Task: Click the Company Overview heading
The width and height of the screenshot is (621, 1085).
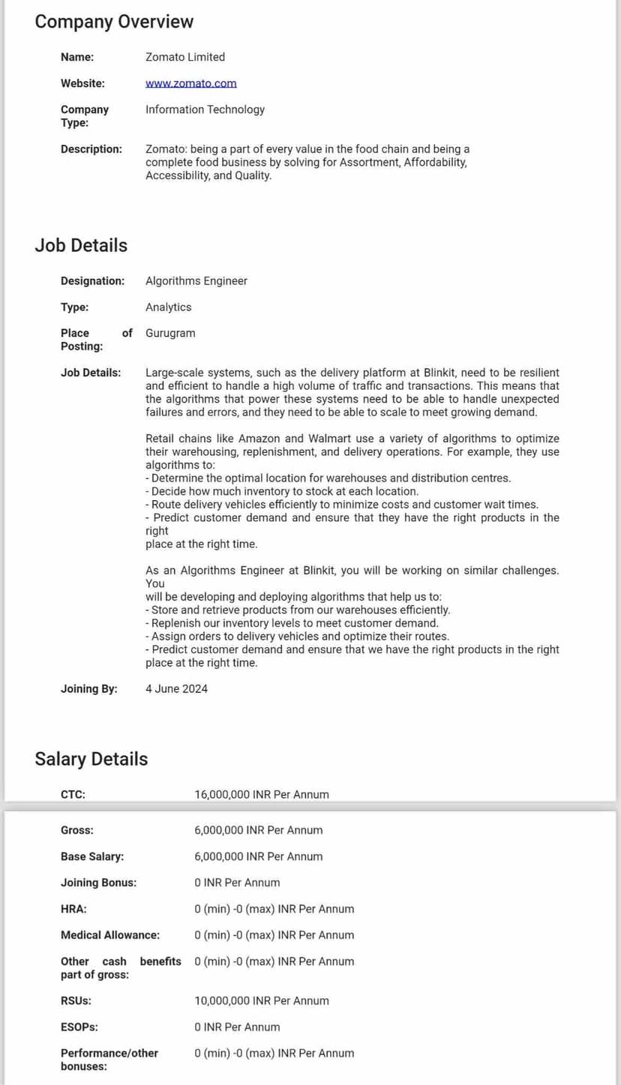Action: [114, 22]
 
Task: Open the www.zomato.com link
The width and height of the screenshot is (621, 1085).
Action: [190, 83]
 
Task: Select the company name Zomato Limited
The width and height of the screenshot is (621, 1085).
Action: [185, 57]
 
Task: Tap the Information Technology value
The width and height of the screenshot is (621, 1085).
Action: [205, 109]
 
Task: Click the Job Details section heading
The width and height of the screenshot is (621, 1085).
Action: [81, 245]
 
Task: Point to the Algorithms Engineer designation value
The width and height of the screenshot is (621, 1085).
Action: [196, 281]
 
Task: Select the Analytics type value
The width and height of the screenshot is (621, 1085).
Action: [168, 307]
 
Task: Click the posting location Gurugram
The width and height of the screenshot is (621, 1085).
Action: [170, 333]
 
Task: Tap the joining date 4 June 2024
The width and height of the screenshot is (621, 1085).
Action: [176, 689]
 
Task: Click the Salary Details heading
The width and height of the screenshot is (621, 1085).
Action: [91, 759]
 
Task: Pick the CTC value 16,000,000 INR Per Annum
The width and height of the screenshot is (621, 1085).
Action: [261, 795]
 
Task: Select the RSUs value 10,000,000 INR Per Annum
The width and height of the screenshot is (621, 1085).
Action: [261, 1001]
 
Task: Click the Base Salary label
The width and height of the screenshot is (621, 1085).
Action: [92, 856]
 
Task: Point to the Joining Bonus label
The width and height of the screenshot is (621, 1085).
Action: [98, 883]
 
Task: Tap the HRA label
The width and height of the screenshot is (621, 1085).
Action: [73, 909]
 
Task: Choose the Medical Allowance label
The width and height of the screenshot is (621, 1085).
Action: [109, 935]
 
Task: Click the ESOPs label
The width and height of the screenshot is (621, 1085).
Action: [79, 1027]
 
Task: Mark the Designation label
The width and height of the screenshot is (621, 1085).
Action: [92, 281]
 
